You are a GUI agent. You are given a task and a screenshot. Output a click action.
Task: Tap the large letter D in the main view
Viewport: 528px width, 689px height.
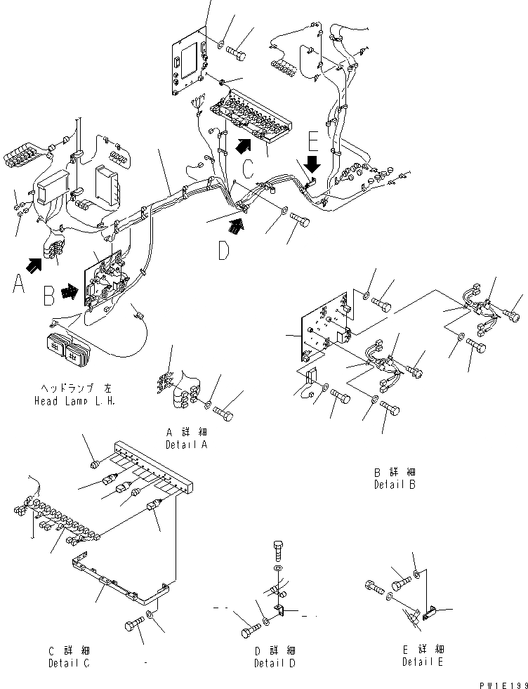(x=223, y=250)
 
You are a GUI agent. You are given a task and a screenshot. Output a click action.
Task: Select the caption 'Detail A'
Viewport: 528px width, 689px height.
(x=186, y=445)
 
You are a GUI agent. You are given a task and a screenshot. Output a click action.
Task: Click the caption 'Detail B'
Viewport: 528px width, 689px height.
(x=395, y=484)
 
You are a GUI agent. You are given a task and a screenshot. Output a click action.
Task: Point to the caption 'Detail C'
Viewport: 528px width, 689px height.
(x=69, y=663)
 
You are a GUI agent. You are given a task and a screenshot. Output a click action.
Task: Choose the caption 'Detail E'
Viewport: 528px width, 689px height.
(x=423, y=662)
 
